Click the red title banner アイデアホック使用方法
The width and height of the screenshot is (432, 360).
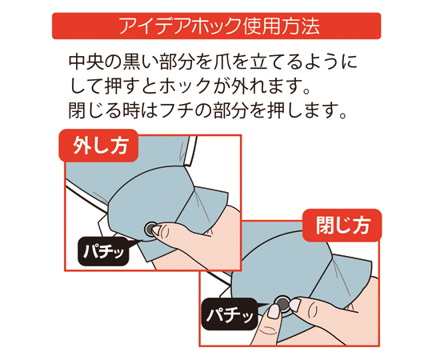coord(216,26)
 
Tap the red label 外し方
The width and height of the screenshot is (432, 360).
coord(98,146)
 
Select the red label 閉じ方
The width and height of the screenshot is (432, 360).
coord(342,225)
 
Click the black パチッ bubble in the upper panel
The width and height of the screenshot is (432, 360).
coord(103,251)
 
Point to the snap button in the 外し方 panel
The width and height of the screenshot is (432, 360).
coord(150,229)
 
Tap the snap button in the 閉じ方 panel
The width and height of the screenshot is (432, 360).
coord(282,303)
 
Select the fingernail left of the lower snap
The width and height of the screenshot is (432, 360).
coord(274,311)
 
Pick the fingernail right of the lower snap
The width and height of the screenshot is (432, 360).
coord(295,305)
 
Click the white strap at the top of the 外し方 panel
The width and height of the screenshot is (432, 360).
coord(191,151)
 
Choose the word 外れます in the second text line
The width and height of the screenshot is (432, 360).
coord(266,86)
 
